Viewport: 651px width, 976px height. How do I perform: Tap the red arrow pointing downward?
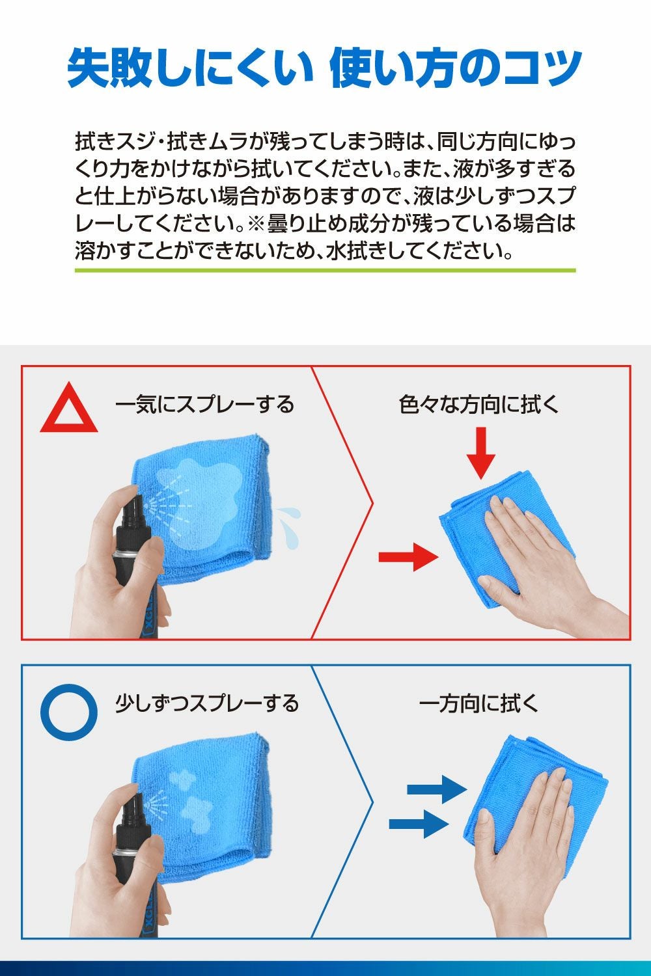pyautogui.click(x=481, y=453)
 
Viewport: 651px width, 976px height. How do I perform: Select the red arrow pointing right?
pyautogui.click(x=409, y=557)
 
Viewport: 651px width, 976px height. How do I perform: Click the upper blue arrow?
pyautogui.click(x=437, y=789)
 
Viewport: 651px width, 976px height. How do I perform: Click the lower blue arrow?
pyautogui.click(x=419, y=824)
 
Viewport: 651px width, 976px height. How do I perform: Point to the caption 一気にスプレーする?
pyautogui.click(x=204, y=404)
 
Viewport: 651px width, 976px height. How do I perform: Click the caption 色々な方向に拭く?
pyautogui.click(x=478, y=404)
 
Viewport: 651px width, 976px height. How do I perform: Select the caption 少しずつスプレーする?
pyautogui.click(x=206, y=703)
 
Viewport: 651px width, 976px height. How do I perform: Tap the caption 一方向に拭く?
pyautogui.click(x=478, y=703)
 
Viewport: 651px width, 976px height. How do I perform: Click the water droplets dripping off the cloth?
pyautogui.click(x=288, y=527)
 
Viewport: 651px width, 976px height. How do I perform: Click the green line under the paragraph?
pyautogui.click(x=325, y=271)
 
